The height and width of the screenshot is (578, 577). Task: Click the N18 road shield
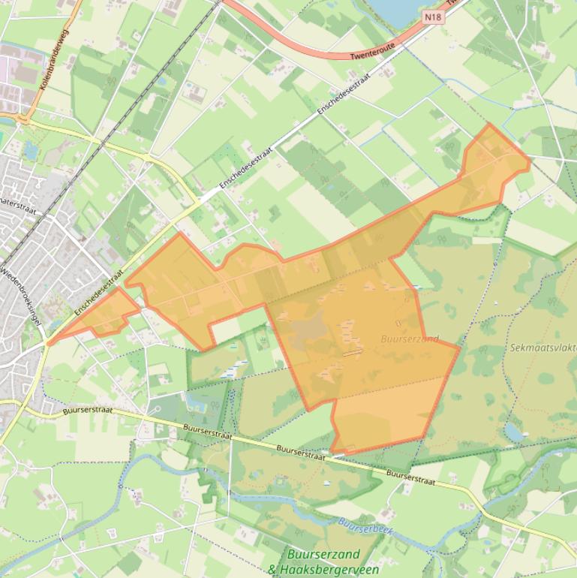coord(433,16)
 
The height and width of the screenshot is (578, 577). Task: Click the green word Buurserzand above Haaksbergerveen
coord(323,555)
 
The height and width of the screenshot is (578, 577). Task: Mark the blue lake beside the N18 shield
coord(391,9)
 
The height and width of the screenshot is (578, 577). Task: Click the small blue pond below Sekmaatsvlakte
coord(514,431)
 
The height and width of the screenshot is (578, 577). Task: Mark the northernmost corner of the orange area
coord(489,125)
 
